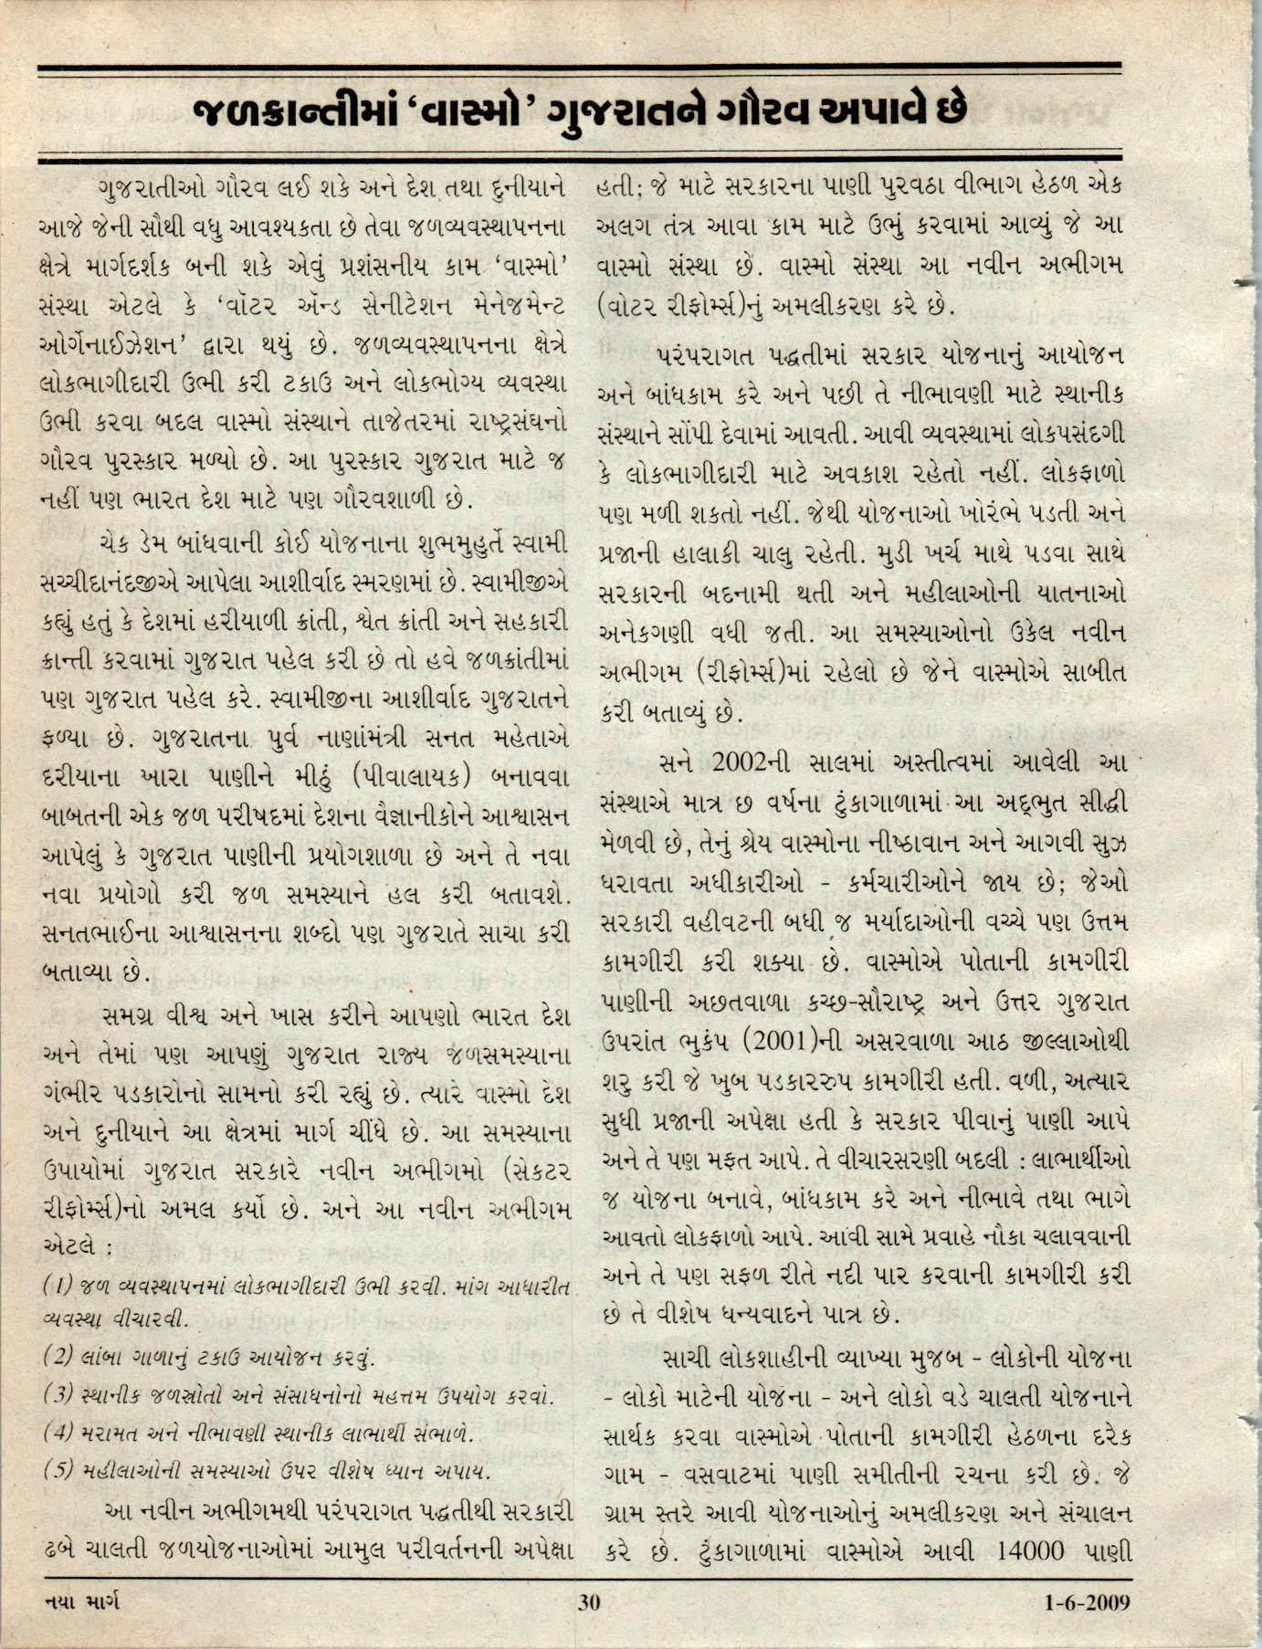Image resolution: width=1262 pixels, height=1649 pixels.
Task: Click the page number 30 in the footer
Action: click(x=588, y=1602)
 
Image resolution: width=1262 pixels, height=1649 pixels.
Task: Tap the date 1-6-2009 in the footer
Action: click(x=1087, y=1602)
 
